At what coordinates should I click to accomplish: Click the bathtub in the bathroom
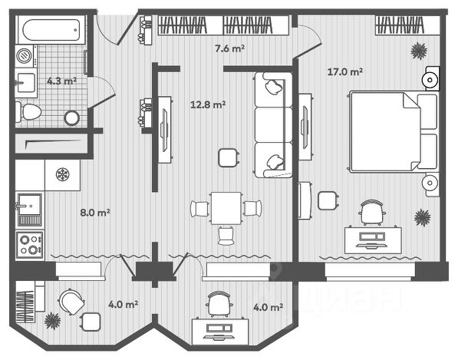pos(51,30)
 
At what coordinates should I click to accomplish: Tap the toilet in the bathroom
pos(28,111)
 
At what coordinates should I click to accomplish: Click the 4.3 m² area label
pos(62,81)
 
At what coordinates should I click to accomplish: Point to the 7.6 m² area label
pos(229,48)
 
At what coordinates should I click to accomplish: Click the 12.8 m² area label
pos(208,104)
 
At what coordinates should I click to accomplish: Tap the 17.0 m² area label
pos(345,71)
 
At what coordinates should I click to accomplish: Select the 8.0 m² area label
pos(95,213)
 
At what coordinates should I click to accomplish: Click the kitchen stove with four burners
pos(30,245)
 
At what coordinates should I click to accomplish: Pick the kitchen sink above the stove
pos(29,210)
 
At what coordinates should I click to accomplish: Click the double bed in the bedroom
pos(394,131)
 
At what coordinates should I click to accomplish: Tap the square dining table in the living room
pos(226,208)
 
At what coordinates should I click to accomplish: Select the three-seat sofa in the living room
pos(273,125)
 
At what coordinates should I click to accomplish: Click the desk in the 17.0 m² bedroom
pos(373,239)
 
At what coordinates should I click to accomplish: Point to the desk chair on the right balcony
pos(219,304)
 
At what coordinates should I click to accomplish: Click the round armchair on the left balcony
pos(71,302)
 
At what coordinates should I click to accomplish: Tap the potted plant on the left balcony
pos(53,321)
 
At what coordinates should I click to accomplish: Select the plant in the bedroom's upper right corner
pos(419,51)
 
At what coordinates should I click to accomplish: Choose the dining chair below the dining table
pos(226,236)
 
